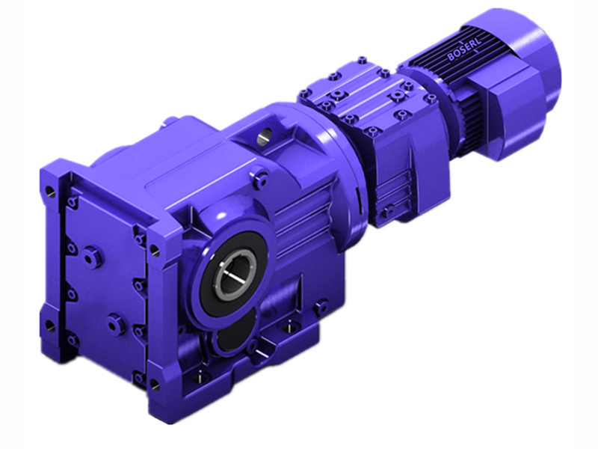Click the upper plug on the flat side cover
tap(92, 257)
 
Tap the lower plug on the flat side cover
tap(114, 324)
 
